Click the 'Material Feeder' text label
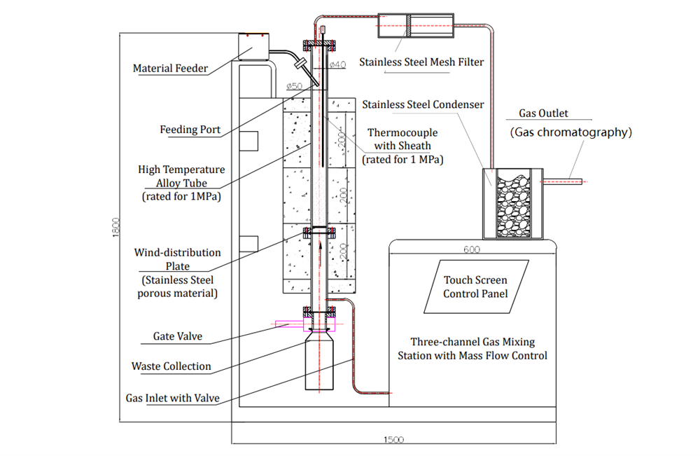[170, 69]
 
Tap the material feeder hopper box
[254, 47]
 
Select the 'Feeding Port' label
[190, 130]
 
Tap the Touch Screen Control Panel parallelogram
[475, 286]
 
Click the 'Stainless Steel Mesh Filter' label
[421, 62]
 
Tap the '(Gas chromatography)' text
[570, 132]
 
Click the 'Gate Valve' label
[177, 336]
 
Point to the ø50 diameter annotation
[295, 87]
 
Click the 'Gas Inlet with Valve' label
[172, 398]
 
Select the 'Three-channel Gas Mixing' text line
[472, 342]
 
